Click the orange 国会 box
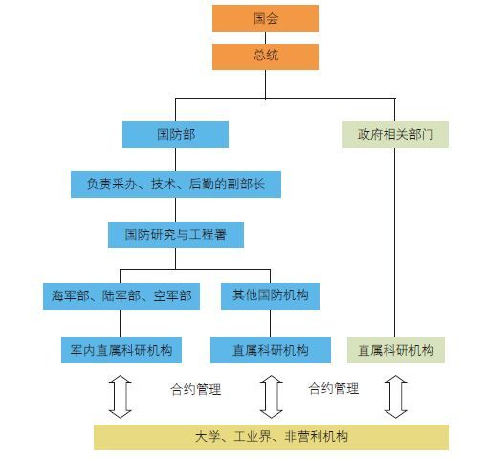[265, 18]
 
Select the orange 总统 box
[265, 56]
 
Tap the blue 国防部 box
[175, 135]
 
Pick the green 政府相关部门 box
[395, 135]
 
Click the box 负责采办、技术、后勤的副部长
[176, 185]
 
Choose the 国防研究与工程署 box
[176, 234]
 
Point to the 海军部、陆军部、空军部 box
[121, 296]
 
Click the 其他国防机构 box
[270, 296]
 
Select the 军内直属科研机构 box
[121, 350]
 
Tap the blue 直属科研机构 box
[271, 350]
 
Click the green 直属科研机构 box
[396, 350]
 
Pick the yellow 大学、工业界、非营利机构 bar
[271, 437]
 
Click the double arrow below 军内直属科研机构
[120, 397]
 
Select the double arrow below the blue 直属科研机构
[272, 397]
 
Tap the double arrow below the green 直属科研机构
[395, 397]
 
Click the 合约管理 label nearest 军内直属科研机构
[196, 389]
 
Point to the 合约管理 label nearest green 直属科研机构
[334, 388]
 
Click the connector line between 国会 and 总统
[265, 37]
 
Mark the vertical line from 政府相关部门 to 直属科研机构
[395, 242]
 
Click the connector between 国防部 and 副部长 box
[175, 160]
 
